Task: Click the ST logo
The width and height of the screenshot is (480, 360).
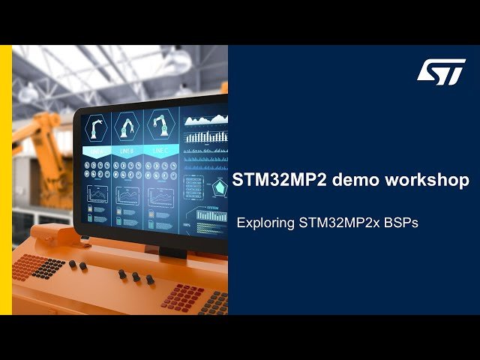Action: point(442,72)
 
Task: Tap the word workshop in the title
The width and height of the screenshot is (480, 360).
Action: point(431,181)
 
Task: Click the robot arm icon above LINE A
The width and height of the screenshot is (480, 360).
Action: point(97,128)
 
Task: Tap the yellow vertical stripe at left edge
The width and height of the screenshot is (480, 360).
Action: point(6,180)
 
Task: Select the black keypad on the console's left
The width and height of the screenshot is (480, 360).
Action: point(49,267)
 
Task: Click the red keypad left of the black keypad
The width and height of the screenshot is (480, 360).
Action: point(26,263)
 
